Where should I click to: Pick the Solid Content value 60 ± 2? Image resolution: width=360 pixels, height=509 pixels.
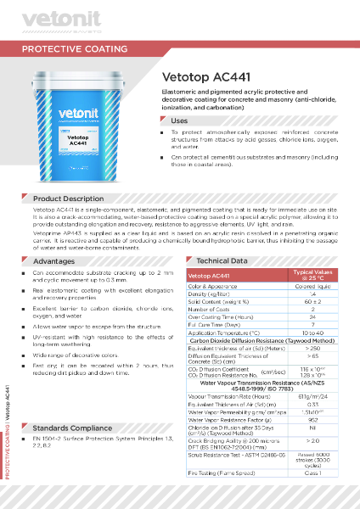click(x=313, y=301)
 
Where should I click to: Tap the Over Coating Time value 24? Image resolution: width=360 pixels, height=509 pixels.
click(x=313, y=316)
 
